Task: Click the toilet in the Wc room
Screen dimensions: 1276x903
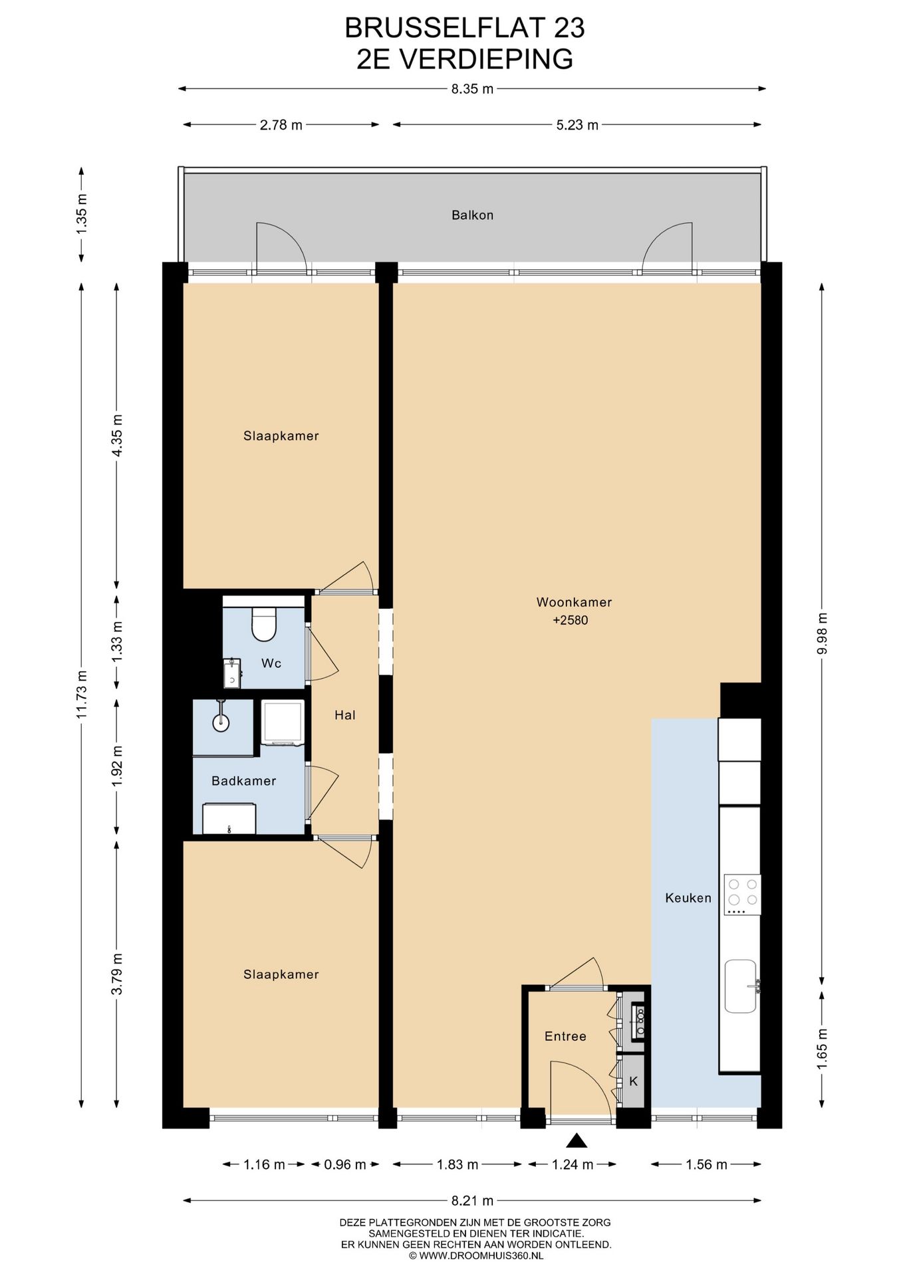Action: coord(263,623)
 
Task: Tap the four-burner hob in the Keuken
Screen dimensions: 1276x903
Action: coord(742,894)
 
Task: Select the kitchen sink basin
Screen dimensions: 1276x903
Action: coord(740,986)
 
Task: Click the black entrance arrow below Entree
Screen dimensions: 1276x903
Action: coord(577,1141)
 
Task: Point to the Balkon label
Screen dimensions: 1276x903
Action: coord(472,215)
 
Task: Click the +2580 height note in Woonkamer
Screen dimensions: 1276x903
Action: coord(570,621)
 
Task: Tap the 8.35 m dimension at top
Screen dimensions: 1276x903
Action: coord(472,89)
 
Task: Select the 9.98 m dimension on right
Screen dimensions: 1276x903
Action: coord(823,633)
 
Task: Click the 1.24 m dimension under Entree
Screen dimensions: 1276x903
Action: coord(572,1164)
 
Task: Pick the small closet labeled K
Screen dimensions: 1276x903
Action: coord(633,1081)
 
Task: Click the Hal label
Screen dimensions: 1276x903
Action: coord(344,715)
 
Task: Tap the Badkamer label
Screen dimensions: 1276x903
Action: coord(243,781)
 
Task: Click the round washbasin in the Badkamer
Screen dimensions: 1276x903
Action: coord(221,722)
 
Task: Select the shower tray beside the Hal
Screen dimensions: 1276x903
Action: coord(283,722)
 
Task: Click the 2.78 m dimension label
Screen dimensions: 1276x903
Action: coord(281,125)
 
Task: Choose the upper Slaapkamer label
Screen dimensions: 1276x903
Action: coord(281,436)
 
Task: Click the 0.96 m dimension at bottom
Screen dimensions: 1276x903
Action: coord(344,1164)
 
